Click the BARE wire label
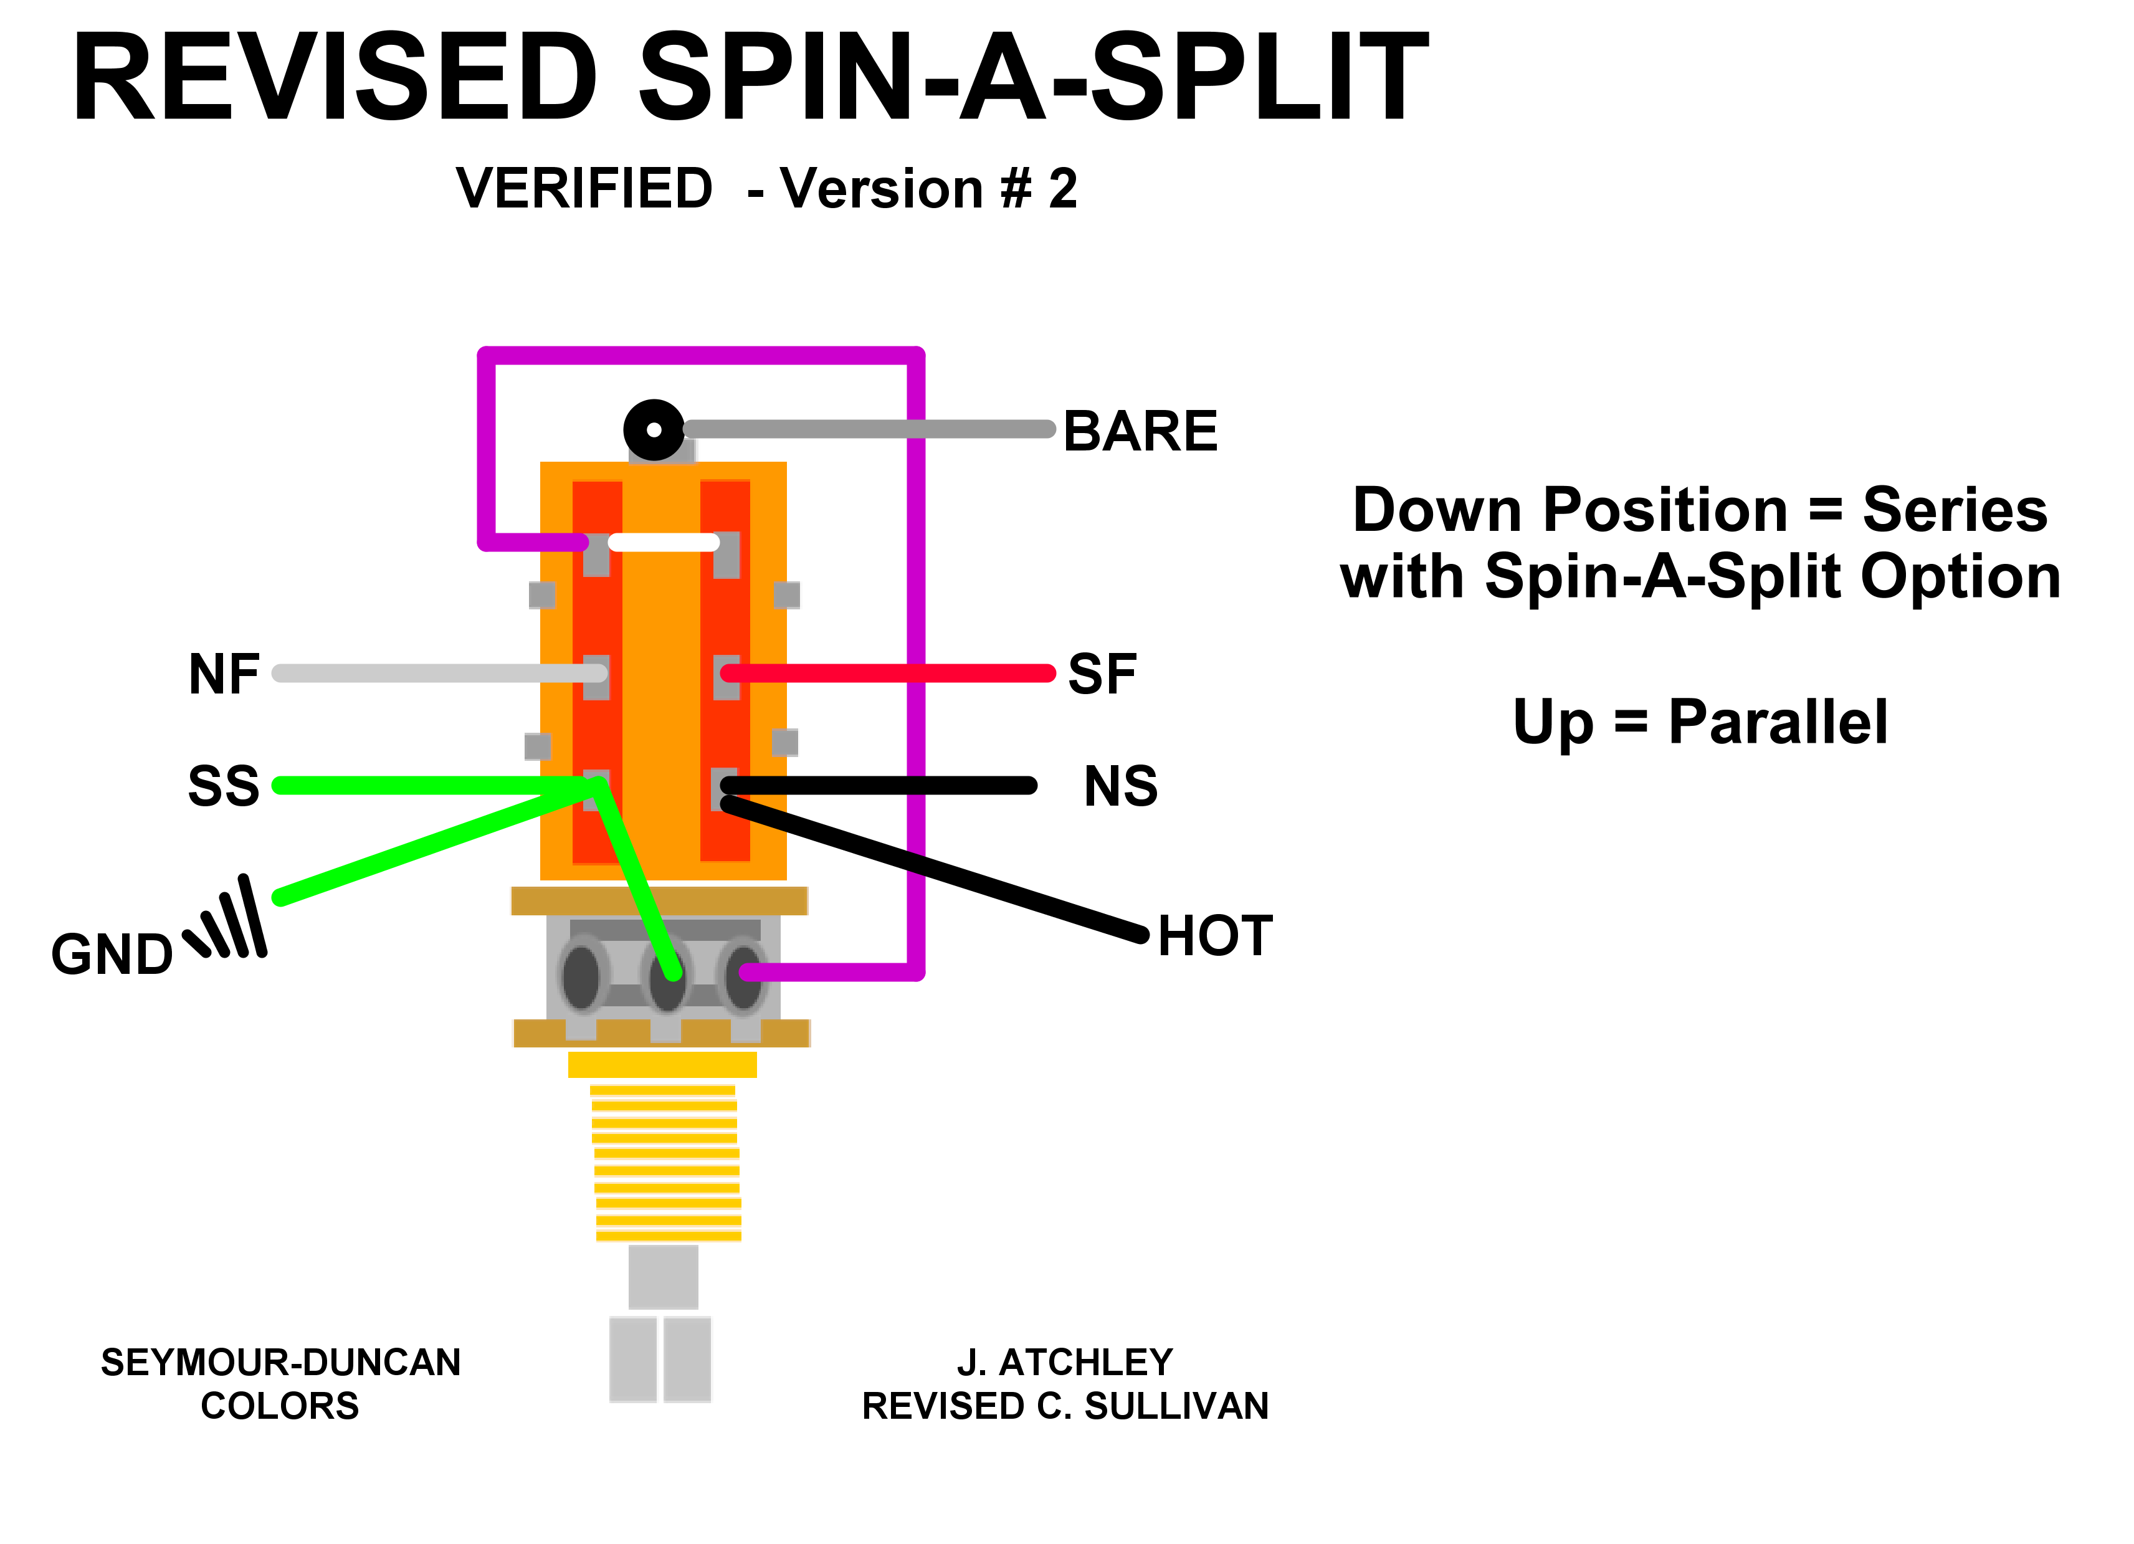click(1140, 432)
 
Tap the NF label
click(224, 675)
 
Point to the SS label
click(223, 786)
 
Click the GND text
click(112, 955)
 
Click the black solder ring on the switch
click(654, 430)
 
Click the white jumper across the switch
click(664, 542)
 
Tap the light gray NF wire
click(433, 674)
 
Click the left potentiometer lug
click(581, 976)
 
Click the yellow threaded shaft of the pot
click(666, 1162)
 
